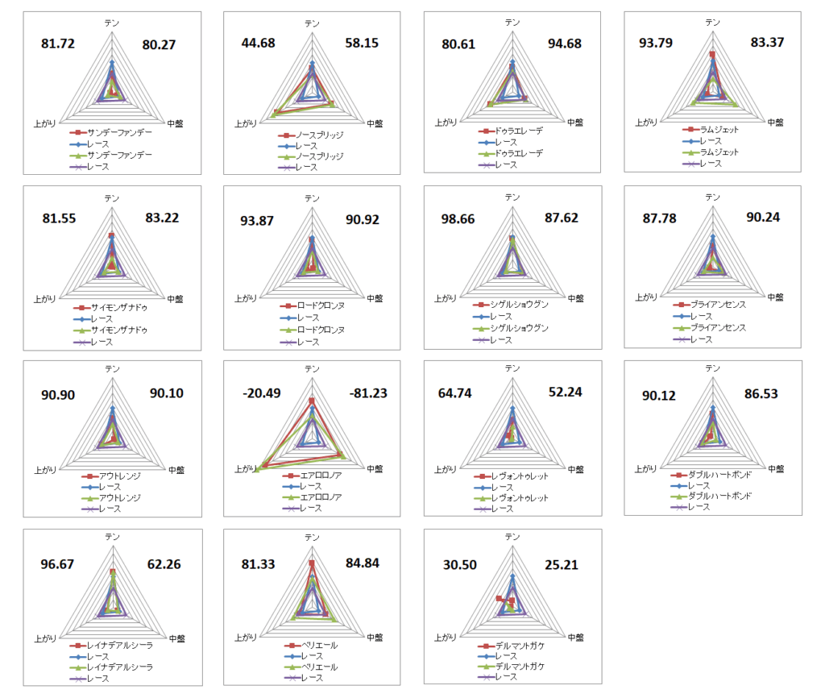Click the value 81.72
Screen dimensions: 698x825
pyautogui.click(x=58, y=44)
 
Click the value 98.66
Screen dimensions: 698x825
pyautogui.click(x=459, y=218)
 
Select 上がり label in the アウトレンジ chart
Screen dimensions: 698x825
pyautogui.click(x=46, y=470)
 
